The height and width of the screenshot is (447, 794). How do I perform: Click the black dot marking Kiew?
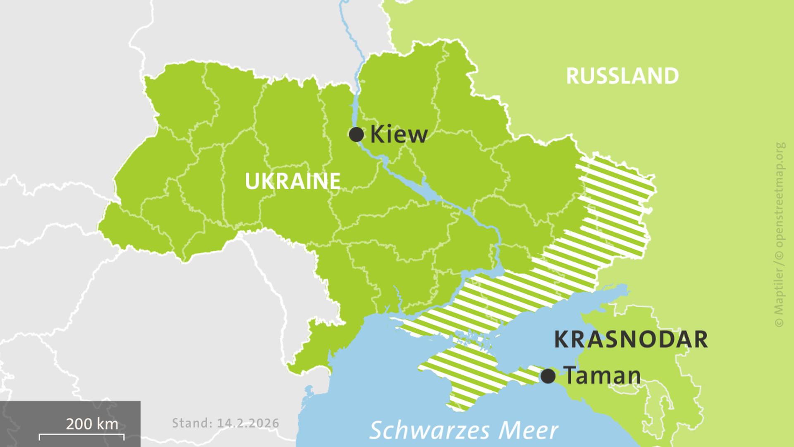coord(356,135)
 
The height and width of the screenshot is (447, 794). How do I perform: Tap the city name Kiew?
coord(399,135)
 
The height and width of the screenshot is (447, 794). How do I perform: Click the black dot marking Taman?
coord(548,376)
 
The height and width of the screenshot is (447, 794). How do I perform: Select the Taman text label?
coord(602,376)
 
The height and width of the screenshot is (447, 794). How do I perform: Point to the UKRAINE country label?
coord(292,181)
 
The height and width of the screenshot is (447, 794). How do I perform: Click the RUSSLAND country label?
coord(622,76)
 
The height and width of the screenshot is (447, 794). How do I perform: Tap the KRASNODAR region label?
coord(630,339)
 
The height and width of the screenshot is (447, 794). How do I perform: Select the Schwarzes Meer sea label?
coord(464,430)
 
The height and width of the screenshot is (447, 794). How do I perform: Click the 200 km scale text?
coord(92,424)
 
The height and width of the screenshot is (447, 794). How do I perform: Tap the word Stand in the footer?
coord(190,423)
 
